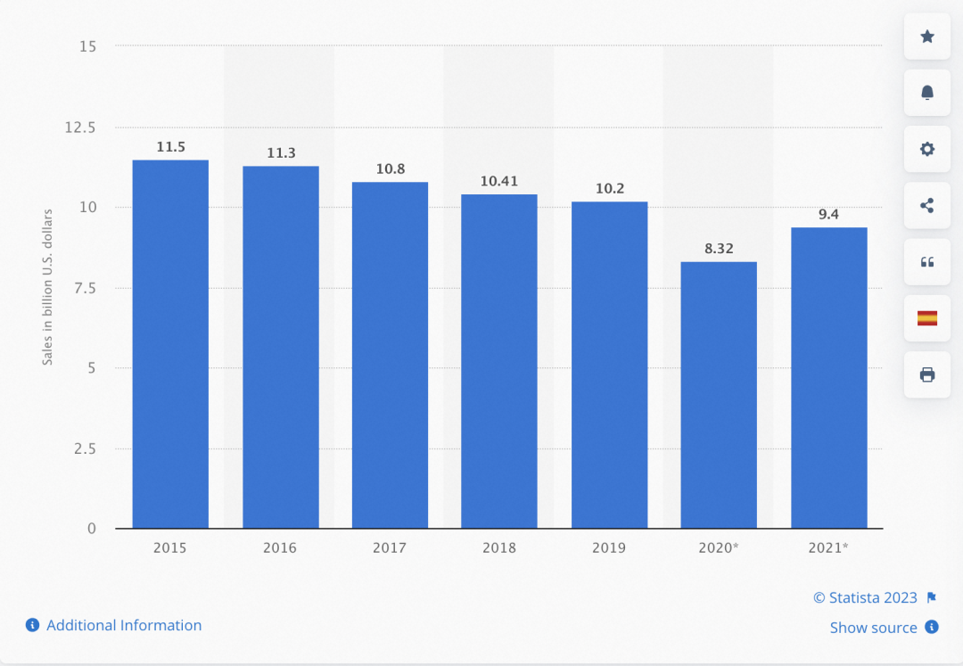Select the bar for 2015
tap(170, 344)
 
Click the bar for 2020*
tap(719, 395)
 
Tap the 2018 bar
tap(499, 361)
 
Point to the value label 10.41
tap(499, 181)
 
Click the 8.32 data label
tap(719, 249)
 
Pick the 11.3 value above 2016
tap(281, 153)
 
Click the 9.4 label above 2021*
tap(828, 214)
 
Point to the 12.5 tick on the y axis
tap(79, 127)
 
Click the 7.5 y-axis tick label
tap(85, 288)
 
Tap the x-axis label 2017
tap(390, 547)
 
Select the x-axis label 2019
tap(609, 547)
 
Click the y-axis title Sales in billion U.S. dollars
tap(48, 286)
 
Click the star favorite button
tap(927, 37)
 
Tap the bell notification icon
tap(927, 93)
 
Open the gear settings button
tap(927, 149)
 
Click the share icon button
tap(927, 205)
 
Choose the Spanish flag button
tap(927, 318)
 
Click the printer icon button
tap(927, 374)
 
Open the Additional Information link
tap(123, 625)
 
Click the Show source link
tap(873, 628)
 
